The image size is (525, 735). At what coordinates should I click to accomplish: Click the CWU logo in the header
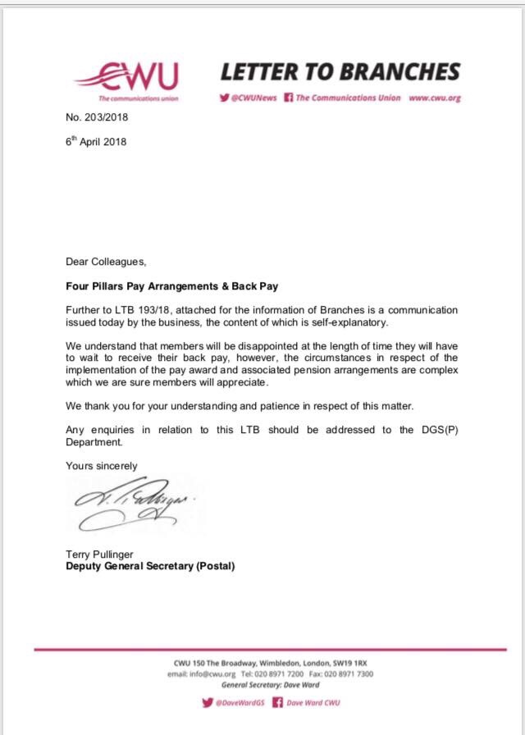pyautogui.click(x=126, y=79)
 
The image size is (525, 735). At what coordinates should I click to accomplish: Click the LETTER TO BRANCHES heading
pyautogui.click(x=340, y=72)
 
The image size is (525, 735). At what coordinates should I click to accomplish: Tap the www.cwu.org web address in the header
pyautogui.click(x=434, y=98)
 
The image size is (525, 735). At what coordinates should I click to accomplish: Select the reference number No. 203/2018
pyautogui.click(x=97, y=117)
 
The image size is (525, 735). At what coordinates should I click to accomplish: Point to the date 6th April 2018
pyautogui.click(x=96, y=141)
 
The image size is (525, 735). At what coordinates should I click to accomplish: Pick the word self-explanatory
pyautogui.click(x=337, y=323)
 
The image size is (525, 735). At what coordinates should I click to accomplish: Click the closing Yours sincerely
pyautogui.click(x=102, y=466)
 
